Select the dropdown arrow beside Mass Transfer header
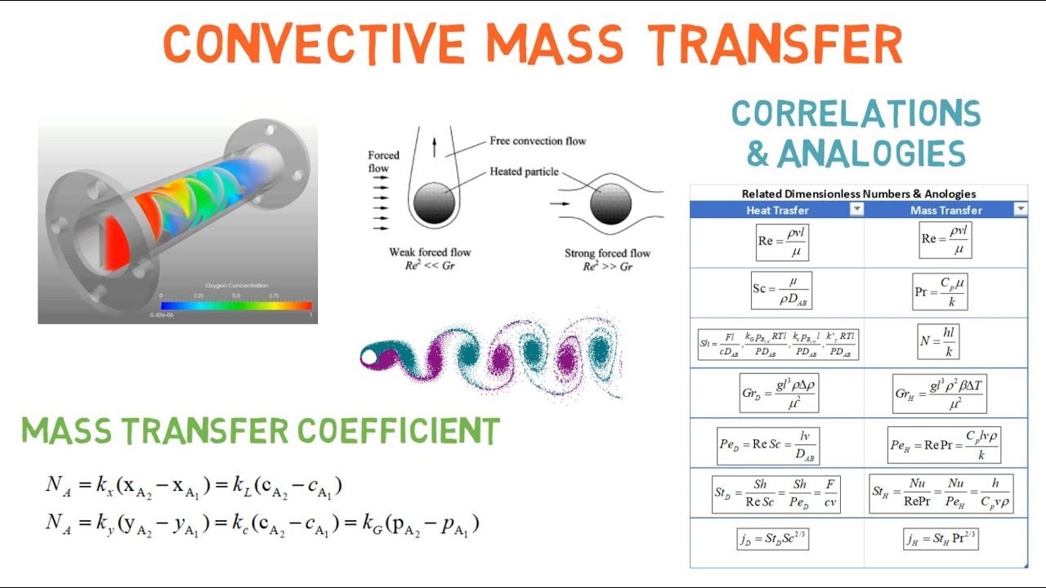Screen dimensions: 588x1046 [1020, 210]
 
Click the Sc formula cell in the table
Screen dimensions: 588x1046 [781, 291]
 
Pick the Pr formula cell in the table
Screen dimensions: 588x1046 [940, 292]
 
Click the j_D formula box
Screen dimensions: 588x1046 [772, 539]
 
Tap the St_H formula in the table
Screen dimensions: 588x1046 [941, 493]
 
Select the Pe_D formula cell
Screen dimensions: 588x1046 [768, 445]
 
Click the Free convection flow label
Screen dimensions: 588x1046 [538, 141]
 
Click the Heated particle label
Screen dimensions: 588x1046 [524, 171]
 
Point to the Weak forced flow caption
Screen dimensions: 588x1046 [430, 252]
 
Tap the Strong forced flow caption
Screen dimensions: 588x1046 [607, 253]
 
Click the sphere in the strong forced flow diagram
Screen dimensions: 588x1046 [610, 203]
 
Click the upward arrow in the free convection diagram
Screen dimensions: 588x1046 [434, 147]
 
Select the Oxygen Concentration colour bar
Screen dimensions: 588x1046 [236, 305]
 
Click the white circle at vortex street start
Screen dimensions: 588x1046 [369, 357]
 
